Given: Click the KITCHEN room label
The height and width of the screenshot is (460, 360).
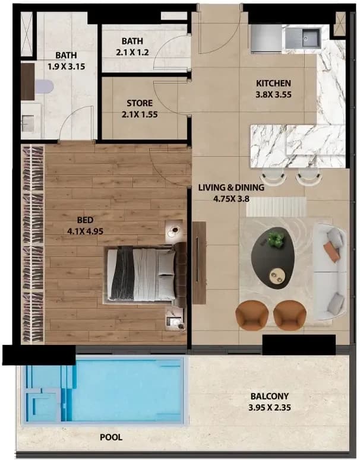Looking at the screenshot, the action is tap(273, 83).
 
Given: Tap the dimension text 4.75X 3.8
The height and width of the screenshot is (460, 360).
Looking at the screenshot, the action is tap(231, 199).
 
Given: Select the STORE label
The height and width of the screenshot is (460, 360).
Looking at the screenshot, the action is tap(140, 103).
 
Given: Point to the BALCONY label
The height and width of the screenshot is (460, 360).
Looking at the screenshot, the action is tap(270, 396).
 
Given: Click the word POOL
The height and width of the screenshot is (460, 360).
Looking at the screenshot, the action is tap(111, 437).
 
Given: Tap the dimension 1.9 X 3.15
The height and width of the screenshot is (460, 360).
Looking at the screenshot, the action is tap(67, 66).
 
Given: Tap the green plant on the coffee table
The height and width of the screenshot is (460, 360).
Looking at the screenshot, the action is tap(276, 239).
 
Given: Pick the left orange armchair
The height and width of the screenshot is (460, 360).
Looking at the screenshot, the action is tap(252, 315).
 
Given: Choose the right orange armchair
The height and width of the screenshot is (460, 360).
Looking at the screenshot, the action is tap(290, 315).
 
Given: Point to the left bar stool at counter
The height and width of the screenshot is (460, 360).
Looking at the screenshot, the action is tap(274, 177).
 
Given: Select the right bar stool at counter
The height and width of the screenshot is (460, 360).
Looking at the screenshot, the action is tap(308, 177).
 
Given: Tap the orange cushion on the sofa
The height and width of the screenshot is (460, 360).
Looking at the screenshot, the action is tap(332, 252).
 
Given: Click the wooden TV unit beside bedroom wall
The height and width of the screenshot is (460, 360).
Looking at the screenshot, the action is tap(199, 263).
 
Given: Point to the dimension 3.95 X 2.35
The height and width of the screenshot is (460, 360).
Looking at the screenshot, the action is tap(270, 408).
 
